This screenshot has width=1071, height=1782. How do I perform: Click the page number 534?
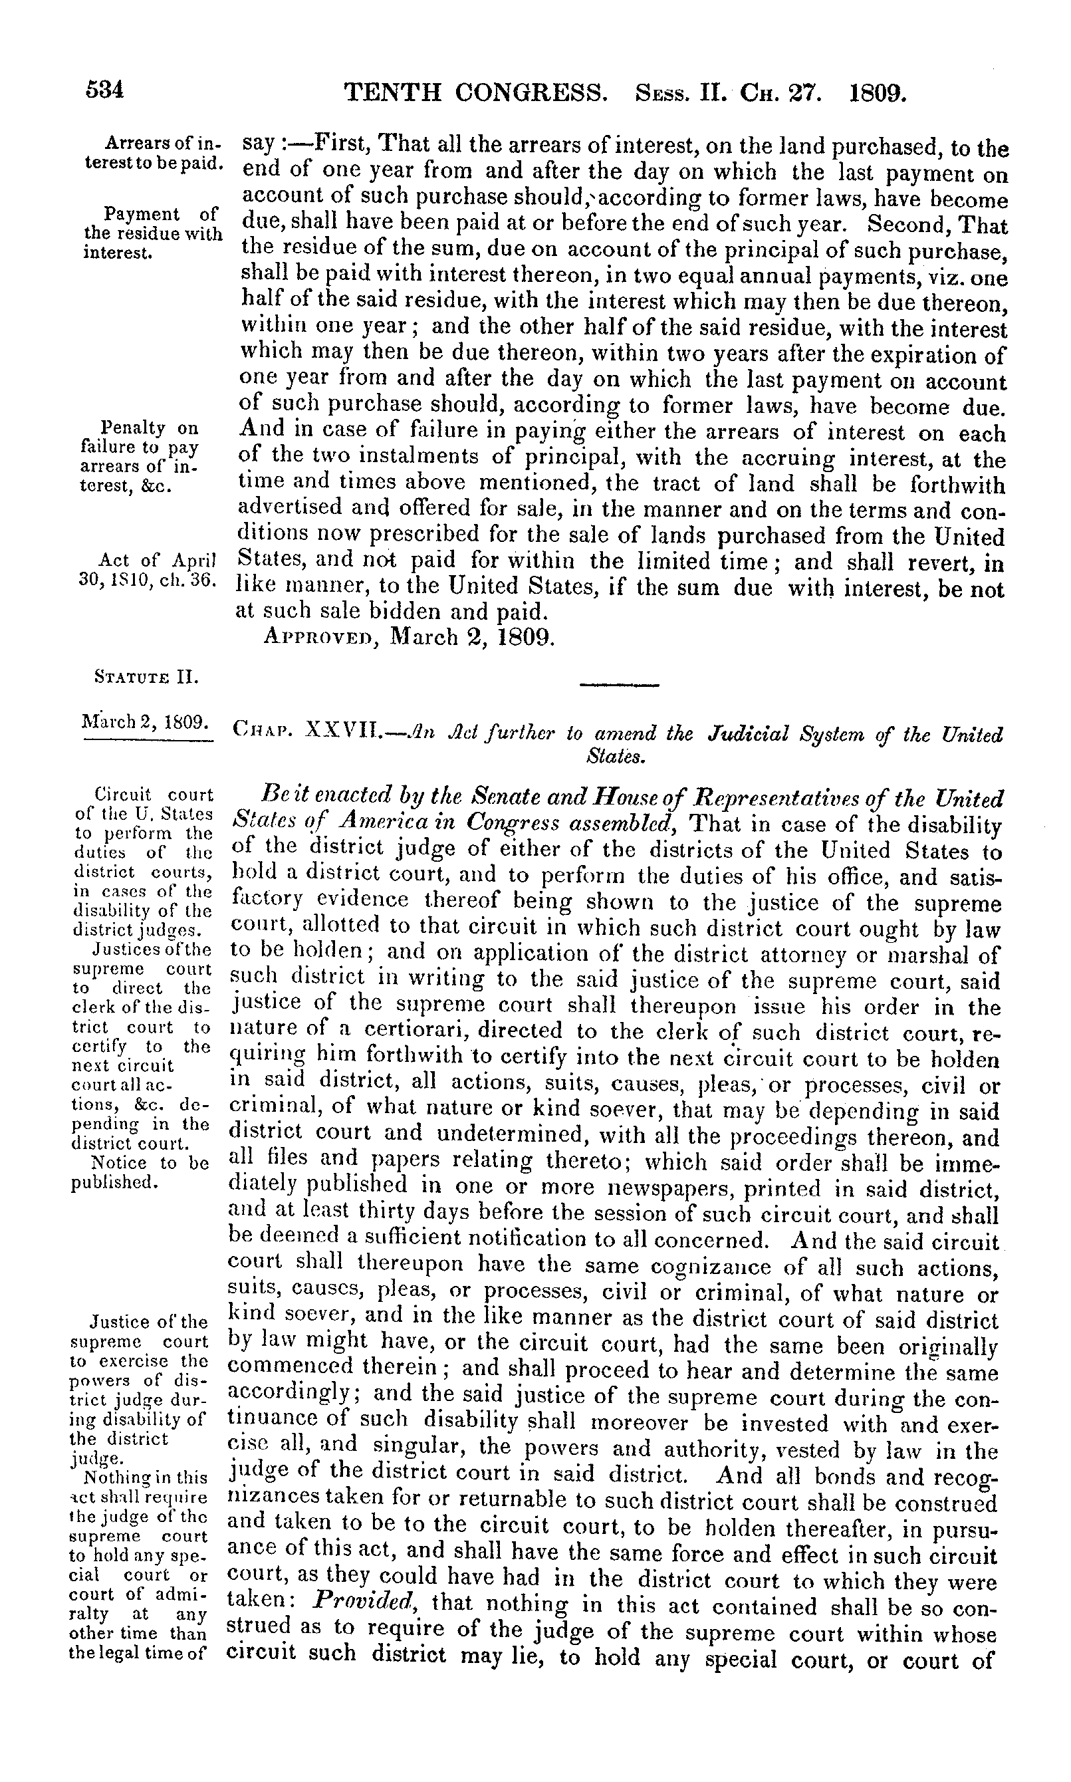tap(105, 92)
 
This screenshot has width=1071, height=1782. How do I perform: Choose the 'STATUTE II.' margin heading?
tap(146, 678)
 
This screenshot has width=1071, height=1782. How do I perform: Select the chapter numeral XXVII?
tap(346, 733)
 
